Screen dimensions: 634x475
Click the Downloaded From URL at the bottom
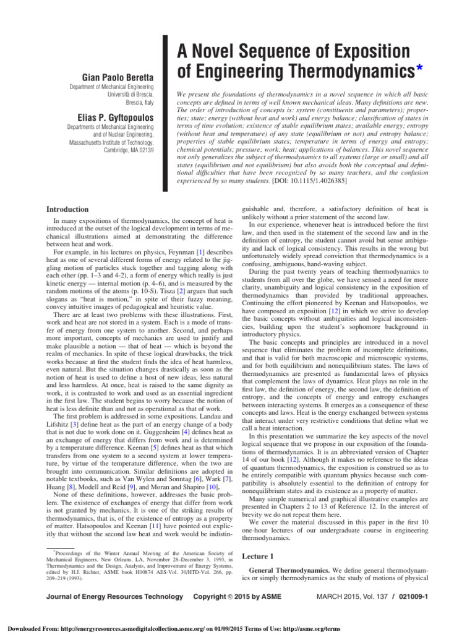pos(134,625)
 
